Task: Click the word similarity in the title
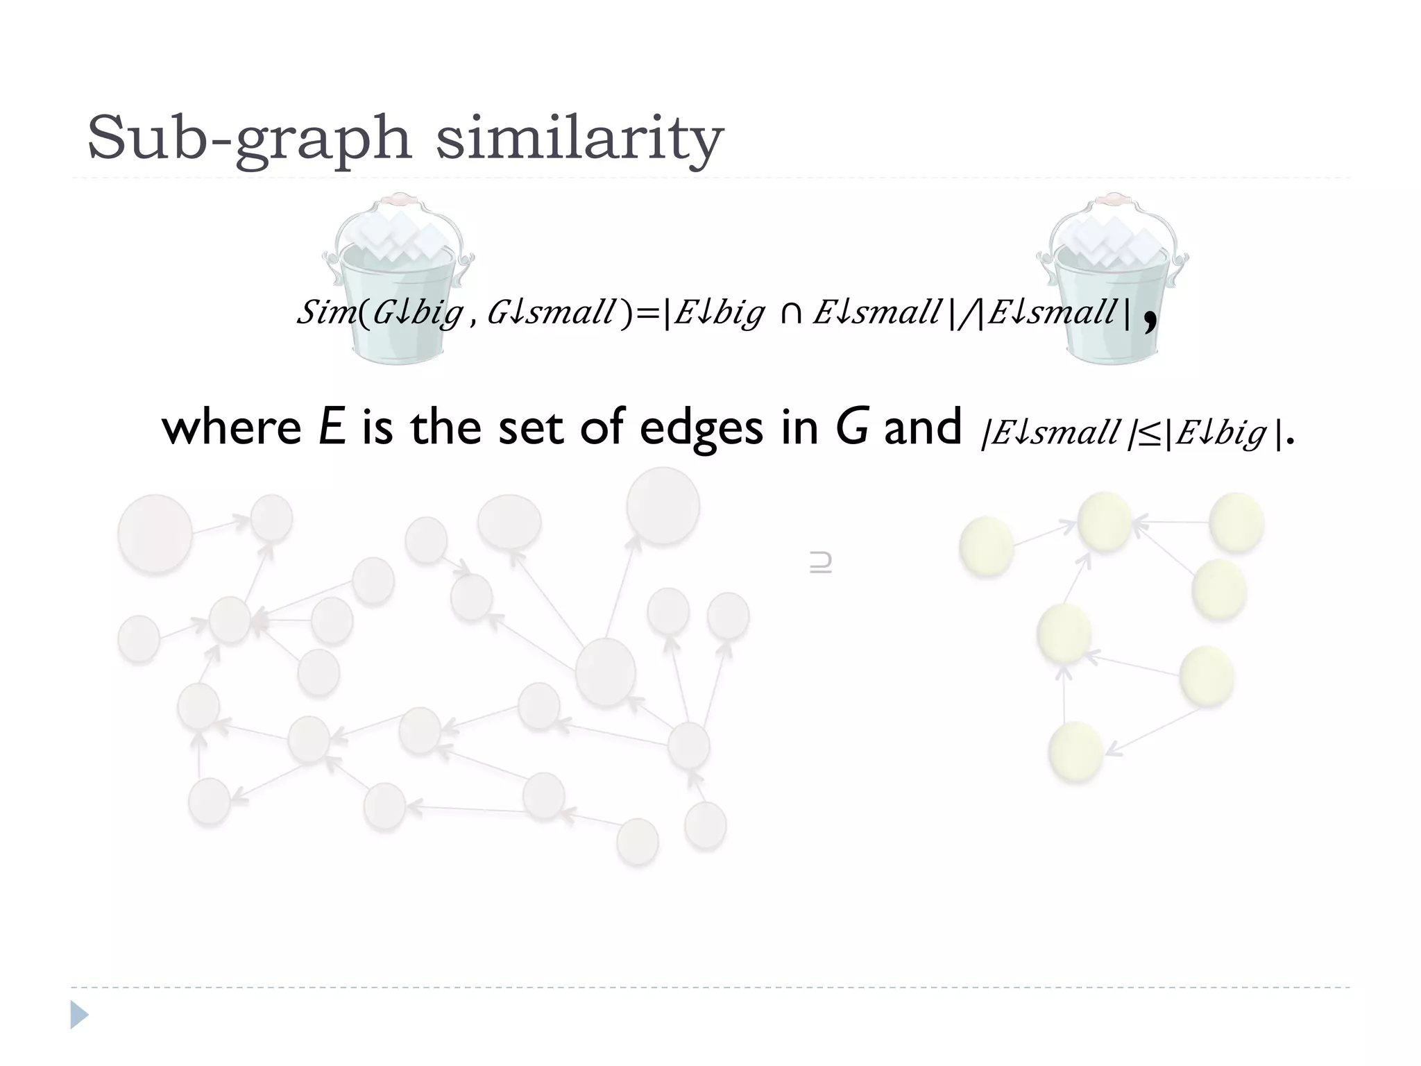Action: click(579, 139)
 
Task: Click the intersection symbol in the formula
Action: click(790, 314)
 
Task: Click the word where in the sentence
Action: click(231, 428)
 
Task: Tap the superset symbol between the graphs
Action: click(820, 562)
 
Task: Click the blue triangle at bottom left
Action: click(79, 1015)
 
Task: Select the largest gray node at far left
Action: click(155, 534)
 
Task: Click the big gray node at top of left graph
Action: click(663, 506)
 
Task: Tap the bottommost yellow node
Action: click(1075, 752)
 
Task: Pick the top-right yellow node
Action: click(1236, 522)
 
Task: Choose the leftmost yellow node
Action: click(986, 547)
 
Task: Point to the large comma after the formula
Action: click(1150, 321)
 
